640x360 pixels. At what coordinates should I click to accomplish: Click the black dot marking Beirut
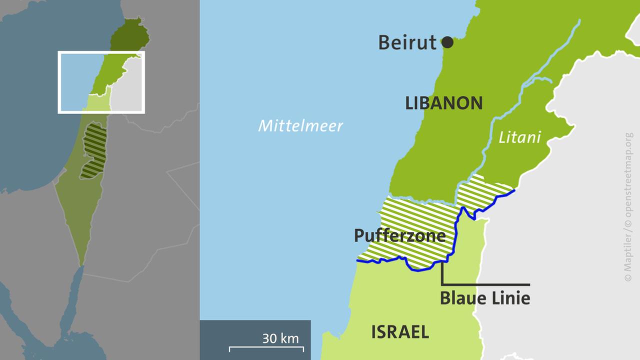click(x=447, y=42)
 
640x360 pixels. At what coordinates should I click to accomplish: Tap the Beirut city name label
click(x=407, y=42)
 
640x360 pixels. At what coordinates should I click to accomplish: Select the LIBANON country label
click(x=443, y=103)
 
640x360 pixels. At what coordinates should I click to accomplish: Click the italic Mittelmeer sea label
click(x=300, y=125)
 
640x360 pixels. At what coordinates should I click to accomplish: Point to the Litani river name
click(x=519, y=137)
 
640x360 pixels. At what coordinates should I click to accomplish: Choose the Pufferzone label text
click(x=399, y=235)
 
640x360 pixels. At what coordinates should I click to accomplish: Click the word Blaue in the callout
click(x=462, y=298)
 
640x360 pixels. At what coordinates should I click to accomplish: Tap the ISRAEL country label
click(x=399, y=331)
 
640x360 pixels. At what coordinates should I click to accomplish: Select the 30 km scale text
click(x=280, y=338)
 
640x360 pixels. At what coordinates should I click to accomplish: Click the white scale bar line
click(x=266, y=346)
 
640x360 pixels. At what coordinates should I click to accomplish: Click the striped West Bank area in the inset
click(x=94, y=150)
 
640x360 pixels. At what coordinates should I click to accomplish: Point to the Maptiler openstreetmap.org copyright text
click(x=628, y=206)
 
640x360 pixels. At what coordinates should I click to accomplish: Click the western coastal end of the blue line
click(x=358, y=260)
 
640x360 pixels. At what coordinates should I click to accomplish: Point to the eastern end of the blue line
click(x=514, y=190)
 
